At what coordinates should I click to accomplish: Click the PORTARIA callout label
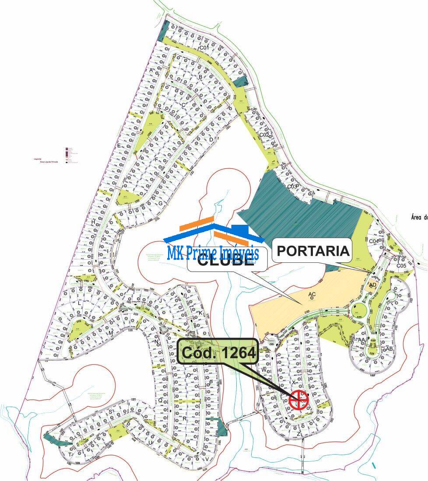click(x=313, y=251)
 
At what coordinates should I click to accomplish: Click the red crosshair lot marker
click(x=299, y=399)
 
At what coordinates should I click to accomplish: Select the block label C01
click(x=204, y=48)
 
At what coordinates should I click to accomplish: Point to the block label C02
click(x=264, y=135)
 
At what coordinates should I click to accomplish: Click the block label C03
click(x=292, y=187)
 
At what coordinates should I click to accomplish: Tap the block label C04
click(x=374, y=241)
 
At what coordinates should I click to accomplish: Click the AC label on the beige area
click(x=312, y=294)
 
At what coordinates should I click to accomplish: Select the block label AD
click(x=372, y=285)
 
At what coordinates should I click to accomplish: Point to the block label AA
click(x=361, y=340)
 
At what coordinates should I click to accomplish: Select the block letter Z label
click(x=299, y=434)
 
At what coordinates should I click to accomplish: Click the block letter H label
click(x=93, y=222)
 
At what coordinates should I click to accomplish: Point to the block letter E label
click(x=118, y=146)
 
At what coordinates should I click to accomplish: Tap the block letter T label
click(x=70, y=454)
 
